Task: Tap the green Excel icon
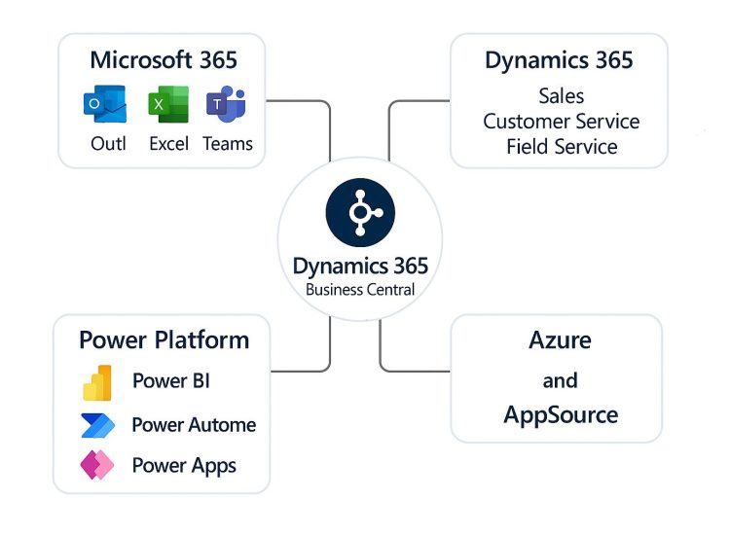[x=168, y=104]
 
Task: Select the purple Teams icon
[x=227, y=104]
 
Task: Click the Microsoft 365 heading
[x=164, y=59]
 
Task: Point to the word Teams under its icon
[x=228, y=144]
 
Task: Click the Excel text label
[x=169, y=144]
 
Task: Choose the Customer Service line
[x=562, y=122]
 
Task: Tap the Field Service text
[x=562, y=147]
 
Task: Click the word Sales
[x=561, y=95]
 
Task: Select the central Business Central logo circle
[x=360, y=212]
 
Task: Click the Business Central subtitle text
[x=360, y=289]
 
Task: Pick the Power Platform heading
[x=164, y=339]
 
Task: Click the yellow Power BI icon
[x=97, y=382]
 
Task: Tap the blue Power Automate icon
[x=97, y=425]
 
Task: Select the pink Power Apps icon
[x=97, y=466]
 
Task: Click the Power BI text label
[x=171, y=381]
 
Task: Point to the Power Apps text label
[x=184, y=466]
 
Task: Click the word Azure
[x=560, y=340]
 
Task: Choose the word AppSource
[x=561, y=415]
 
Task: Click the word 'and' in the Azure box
[x=560, y=379]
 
